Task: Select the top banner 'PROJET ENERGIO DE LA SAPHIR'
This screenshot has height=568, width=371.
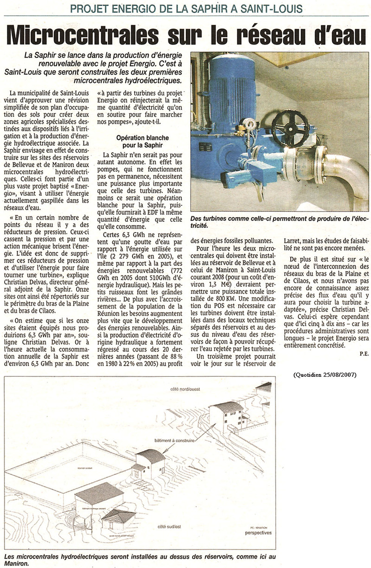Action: (185, 8)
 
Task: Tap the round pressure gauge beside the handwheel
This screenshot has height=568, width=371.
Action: (250, 124)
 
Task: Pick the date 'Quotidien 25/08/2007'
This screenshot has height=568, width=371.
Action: (325, 374)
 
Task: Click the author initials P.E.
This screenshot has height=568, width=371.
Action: (363, 354)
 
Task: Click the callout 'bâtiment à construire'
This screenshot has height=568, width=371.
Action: (170, 440)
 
